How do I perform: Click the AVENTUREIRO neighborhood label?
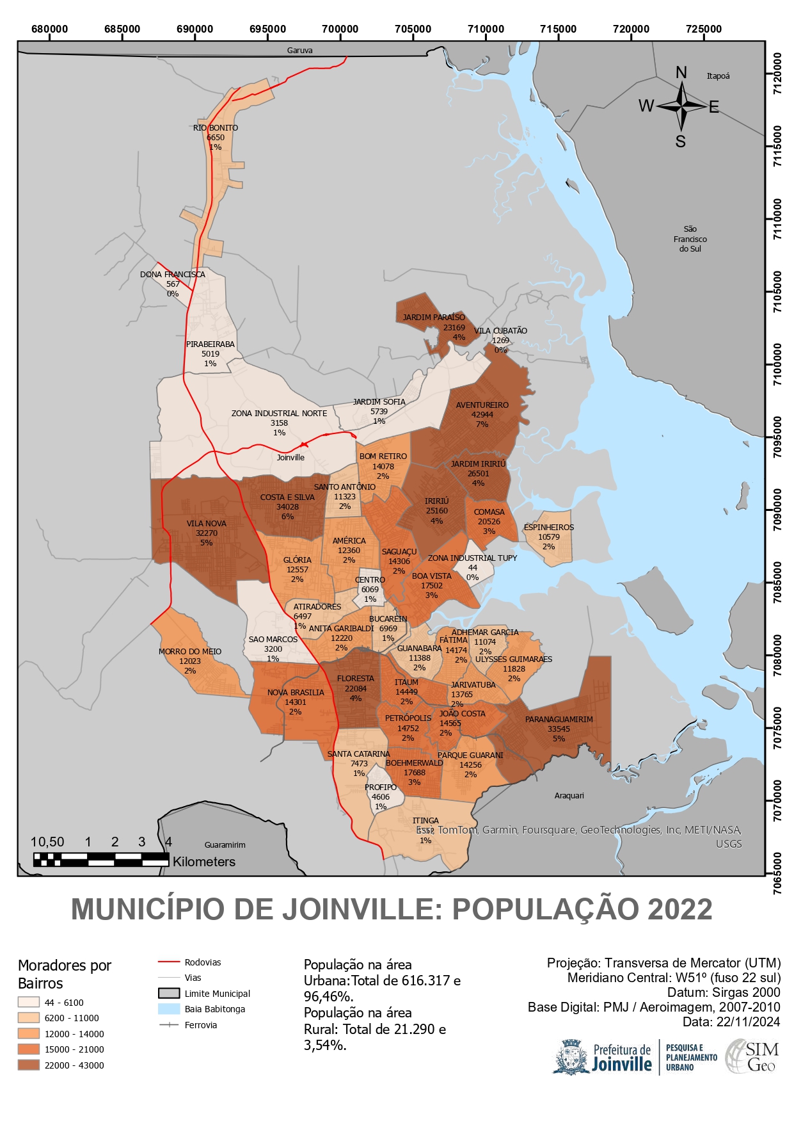tap(482, 405)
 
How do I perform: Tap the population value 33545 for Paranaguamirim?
tap(559, 729)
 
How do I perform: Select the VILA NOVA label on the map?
tap(206, 523)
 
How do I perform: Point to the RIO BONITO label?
tap(216, 127)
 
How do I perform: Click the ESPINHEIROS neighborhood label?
tap(548, 527)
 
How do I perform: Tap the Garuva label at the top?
tap(299, 50)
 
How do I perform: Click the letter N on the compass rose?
tap(681, 72)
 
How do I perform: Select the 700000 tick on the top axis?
tap(340, 29)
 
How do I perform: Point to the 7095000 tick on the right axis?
tap(777, 437)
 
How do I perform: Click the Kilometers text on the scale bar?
tap(203, 862)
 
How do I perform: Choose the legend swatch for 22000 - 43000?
tap(29, 1065)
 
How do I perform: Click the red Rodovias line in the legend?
tap(169, 962)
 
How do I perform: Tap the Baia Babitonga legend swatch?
tap(169, 1009)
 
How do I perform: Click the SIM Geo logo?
tap(753, 1056)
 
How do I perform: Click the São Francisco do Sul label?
tap(690, 238)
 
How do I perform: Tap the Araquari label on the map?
tap(569, 795)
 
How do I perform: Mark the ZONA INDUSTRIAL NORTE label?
tap(279, 413)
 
